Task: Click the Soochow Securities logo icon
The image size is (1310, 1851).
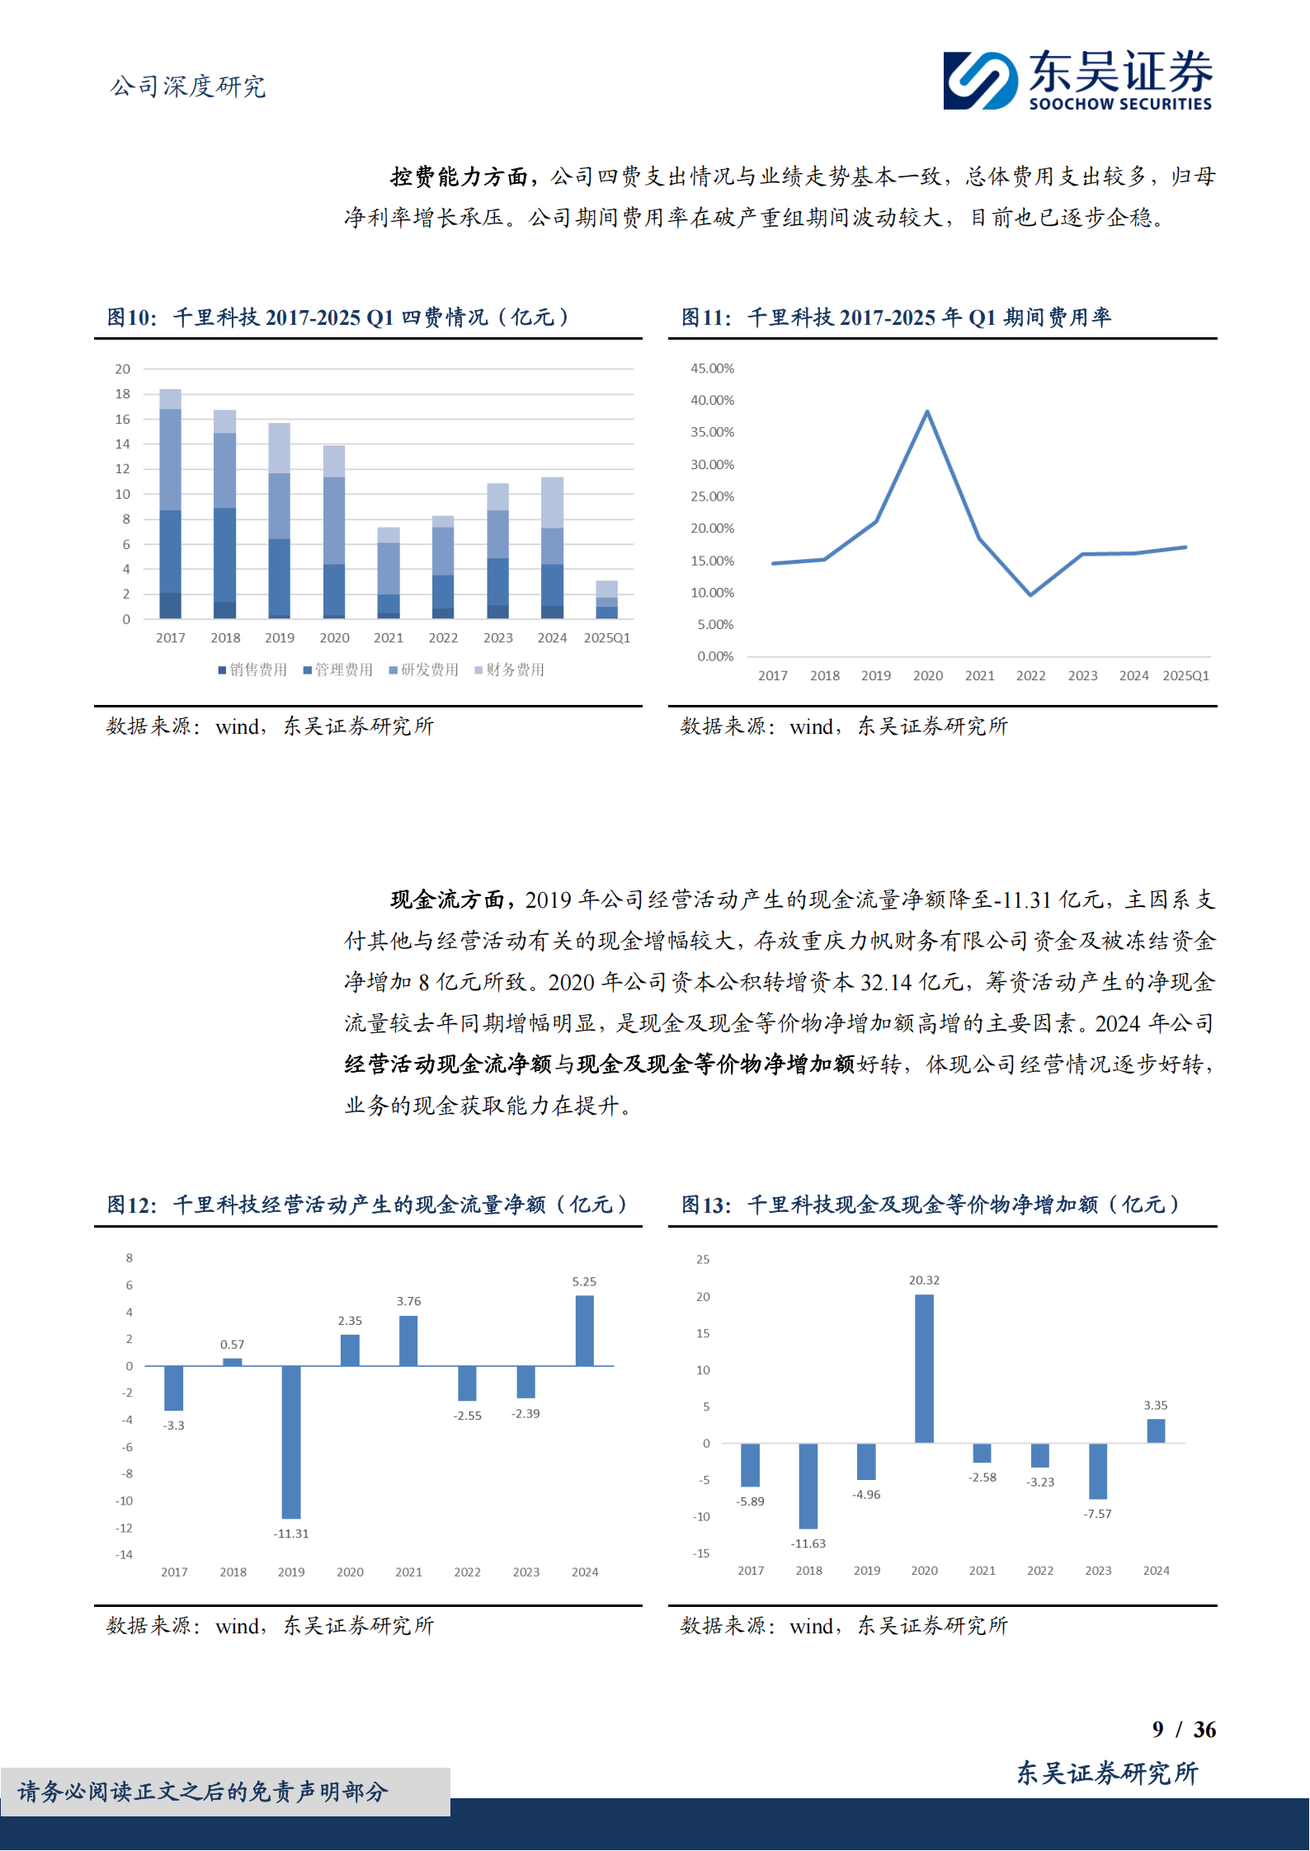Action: (x=981, y=80)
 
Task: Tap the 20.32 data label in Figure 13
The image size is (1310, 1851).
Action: (x=924, y=1280)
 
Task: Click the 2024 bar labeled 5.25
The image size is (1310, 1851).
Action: (x=584, y=1331)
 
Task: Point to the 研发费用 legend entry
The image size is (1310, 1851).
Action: (x=424, y=669)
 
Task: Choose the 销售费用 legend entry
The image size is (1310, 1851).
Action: (x=252, y=669)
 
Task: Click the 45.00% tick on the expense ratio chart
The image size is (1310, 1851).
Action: (x=712, y=369)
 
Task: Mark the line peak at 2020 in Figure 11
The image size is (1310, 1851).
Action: (x=927, y=411)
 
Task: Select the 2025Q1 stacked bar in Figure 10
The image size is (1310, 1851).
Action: (x=607, y=599)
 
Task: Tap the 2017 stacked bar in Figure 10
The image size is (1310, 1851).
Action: (x=171, y=503)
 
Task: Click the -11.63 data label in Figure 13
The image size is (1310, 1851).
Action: (x=808, y=1543)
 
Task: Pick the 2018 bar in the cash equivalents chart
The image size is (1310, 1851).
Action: (x=808, y=1486)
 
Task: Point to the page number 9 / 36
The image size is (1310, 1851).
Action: (x=1184, y=1729)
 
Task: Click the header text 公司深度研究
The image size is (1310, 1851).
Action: (x=188, y=87)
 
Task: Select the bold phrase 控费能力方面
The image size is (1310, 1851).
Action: (x=459, y=176)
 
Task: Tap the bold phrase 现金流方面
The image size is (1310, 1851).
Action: (x=447, y=900)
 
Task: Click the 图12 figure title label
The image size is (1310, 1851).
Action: (x=132, y=1205)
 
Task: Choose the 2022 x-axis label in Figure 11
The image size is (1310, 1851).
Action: (x=1030, y=675)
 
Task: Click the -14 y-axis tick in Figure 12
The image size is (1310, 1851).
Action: (x=125, y=1554)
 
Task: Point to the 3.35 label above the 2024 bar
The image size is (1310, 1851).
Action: (x=1155, y=1405)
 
